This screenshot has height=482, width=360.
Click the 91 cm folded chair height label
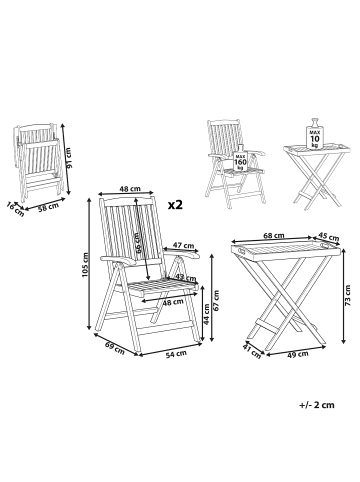pos(70,158)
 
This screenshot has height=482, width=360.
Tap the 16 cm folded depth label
pos(15,210)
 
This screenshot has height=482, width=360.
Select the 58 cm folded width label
pos(48,207)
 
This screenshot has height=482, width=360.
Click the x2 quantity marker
pos(175,205)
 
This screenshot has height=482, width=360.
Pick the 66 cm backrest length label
pos(138,242)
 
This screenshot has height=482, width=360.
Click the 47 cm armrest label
pos(183,246)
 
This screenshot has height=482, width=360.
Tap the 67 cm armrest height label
pos(217,300)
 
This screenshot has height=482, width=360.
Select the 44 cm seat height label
pos(207,315)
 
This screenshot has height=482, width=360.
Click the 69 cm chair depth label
pos(115,348)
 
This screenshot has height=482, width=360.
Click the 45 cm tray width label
pos(328,237)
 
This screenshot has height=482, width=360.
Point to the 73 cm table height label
pos(348,295)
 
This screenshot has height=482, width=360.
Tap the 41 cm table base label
pos(252,353)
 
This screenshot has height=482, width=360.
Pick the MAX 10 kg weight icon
pos(315,133)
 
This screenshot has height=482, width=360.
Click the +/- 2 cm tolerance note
pos(317,405)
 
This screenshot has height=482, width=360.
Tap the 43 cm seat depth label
pos(186,277)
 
